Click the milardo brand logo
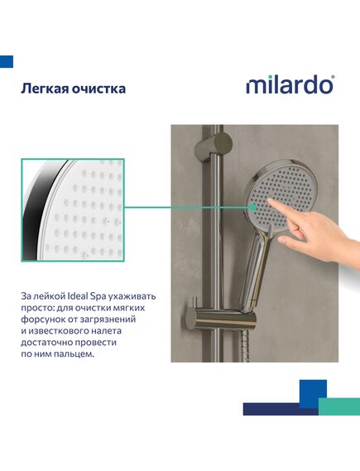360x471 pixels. pos(290,85)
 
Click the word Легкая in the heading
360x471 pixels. pos(44,89)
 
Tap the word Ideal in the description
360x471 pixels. pos(77,296)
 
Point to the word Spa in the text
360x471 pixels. pos(98,297)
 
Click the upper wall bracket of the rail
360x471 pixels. pos(214,142)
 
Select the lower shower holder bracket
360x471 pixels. pos(221,320)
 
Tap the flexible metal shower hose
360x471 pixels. pos(245,346)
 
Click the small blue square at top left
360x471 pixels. pos(7,61)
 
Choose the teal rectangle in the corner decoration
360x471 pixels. pos(339,406)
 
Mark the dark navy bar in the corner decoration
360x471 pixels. pos(281,409)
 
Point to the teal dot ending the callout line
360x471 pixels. pos(254,207)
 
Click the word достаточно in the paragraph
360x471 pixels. pos(46,343)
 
